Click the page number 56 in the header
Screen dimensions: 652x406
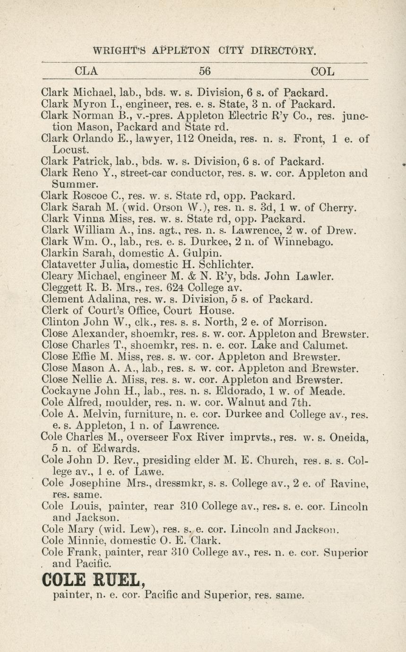point(204,71)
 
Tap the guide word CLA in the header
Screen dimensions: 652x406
point(86,71)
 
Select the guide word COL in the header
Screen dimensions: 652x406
point(323,72)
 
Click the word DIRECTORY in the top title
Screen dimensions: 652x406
point(283,50)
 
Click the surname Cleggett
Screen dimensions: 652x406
point(60,287)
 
